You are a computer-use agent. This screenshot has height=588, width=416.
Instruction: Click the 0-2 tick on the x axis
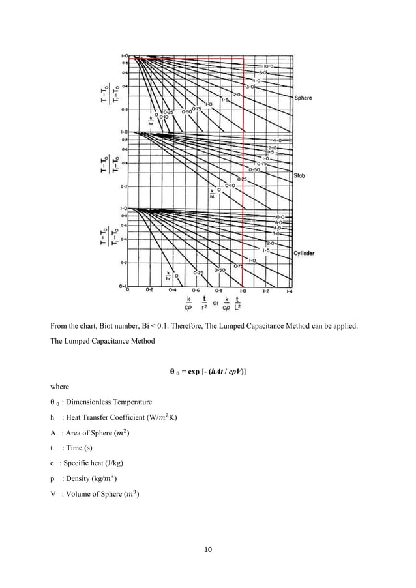click(149, 289)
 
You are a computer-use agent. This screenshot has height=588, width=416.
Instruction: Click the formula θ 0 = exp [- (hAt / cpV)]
click(207, 372)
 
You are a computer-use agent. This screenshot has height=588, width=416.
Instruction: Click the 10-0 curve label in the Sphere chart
click(269, 66)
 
